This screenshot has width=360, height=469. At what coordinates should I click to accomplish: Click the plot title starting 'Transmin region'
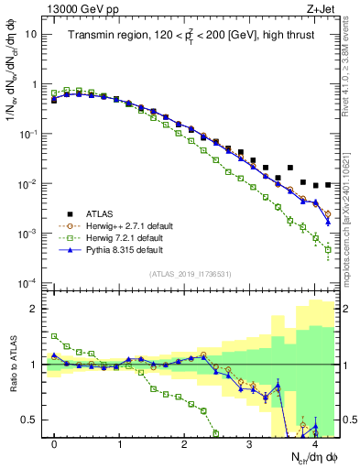(189, 37)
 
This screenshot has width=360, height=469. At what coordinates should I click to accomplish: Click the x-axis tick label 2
(184, 443)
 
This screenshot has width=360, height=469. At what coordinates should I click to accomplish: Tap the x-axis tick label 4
(314, 443)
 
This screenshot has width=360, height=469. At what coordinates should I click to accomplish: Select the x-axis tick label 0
(54, 443)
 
